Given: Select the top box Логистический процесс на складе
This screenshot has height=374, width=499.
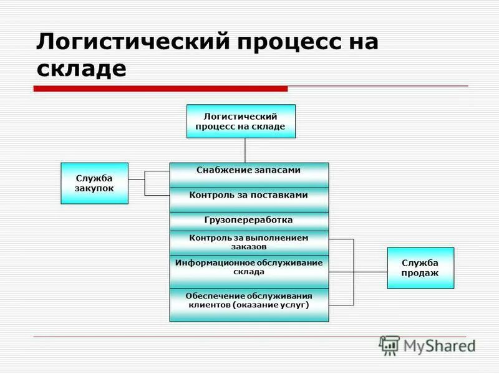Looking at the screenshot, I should click(x=241, y=121).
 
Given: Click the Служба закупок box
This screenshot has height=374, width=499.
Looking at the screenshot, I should click(x=95, y=183).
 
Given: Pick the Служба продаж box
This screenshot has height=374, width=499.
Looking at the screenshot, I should click(x=420, y=268).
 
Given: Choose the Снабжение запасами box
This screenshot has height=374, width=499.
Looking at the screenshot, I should click(x=249, y=175).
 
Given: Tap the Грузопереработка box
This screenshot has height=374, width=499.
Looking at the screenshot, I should click(x=249, y=221).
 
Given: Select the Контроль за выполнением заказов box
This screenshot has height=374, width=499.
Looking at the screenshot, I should click(x=249, y=242).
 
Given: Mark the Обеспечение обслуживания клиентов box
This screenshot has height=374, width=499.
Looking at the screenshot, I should click(x=249, y=305).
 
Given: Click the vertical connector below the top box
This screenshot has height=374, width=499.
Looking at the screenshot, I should click(x=245, y=150).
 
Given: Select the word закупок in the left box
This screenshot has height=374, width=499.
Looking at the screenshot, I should click(x=95, y=189).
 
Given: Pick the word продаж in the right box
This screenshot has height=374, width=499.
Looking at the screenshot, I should click(x=420, y=273).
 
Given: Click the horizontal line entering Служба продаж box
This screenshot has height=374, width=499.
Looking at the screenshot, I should click(x=371, y=272).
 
